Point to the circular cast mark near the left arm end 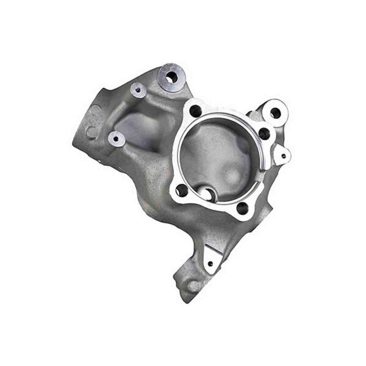click(90, 131)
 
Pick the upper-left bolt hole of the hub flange click(195, 112)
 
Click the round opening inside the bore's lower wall click(208, 195)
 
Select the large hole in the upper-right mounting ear click(276, 113)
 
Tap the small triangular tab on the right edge click(282, 155)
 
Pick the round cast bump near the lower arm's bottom click(193, 285)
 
